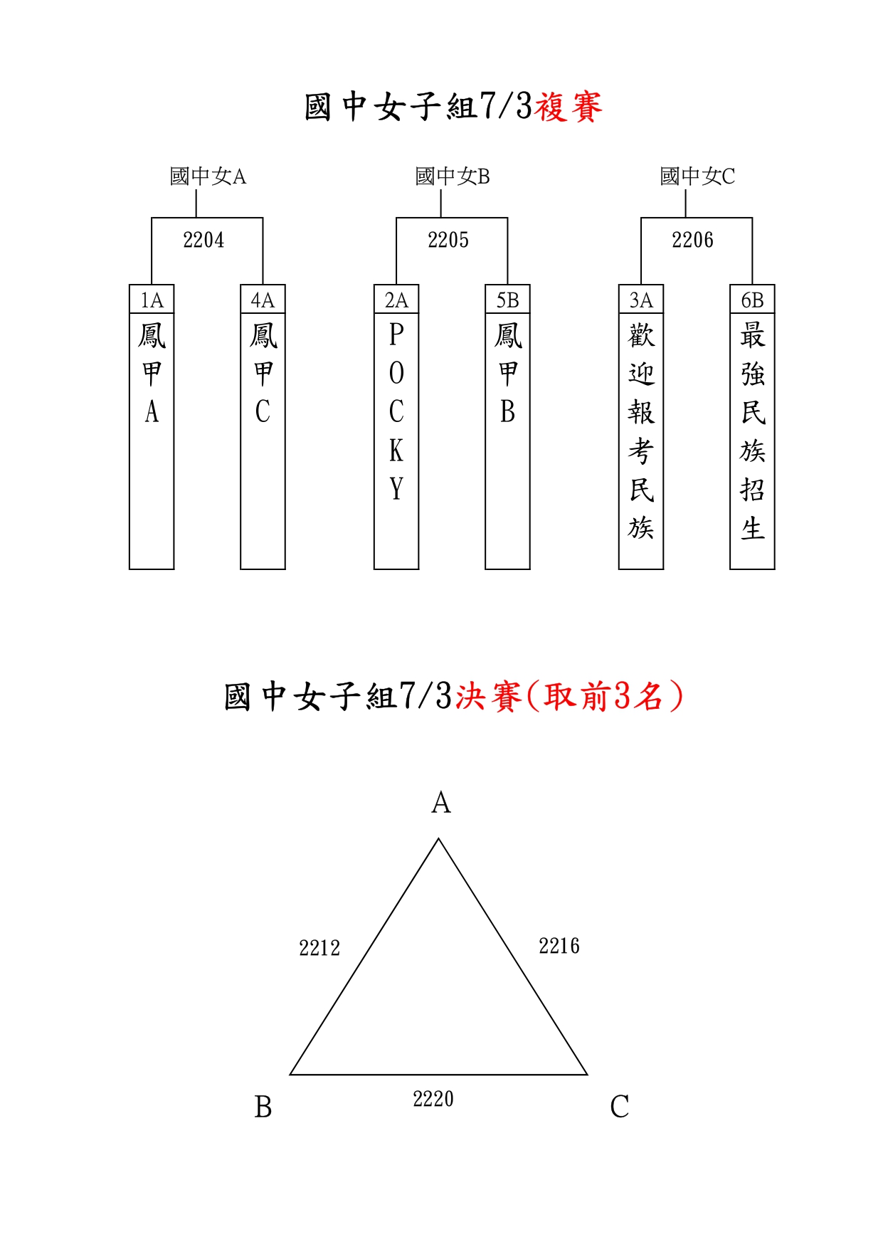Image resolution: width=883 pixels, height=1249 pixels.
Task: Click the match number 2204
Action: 203,241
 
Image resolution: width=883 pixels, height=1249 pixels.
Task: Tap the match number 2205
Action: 448,241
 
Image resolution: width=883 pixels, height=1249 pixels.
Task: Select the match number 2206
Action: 692,241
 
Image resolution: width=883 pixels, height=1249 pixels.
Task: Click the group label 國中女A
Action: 208,176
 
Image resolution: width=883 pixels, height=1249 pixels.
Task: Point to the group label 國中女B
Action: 453,176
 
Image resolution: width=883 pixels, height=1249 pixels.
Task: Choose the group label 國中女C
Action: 697,176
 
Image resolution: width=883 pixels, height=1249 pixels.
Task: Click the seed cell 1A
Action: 152,300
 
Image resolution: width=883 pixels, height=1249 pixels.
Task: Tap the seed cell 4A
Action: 263,300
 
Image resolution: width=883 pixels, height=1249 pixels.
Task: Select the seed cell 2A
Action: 396,300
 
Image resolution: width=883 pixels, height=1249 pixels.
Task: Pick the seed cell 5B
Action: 507,300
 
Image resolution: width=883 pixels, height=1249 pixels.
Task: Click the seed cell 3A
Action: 641,300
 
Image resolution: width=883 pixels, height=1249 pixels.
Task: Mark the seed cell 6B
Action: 752,300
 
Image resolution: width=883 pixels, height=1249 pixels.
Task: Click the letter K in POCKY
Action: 396,450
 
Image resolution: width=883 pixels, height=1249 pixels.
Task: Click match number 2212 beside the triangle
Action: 319,948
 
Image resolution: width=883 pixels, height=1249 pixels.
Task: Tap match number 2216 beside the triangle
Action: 559,946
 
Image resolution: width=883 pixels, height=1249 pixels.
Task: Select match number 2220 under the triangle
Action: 433,1099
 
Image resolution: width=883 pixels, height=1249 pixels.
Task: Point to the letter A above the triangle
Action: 441,803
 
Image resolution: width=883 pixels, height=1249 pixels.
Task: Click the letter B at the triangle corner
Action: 263,1107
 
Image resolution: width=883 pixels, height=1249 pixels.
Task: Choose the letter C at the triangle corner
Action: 620,1107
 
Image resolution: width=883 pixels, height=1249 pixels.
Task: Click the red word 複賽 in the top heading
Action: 569,107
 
